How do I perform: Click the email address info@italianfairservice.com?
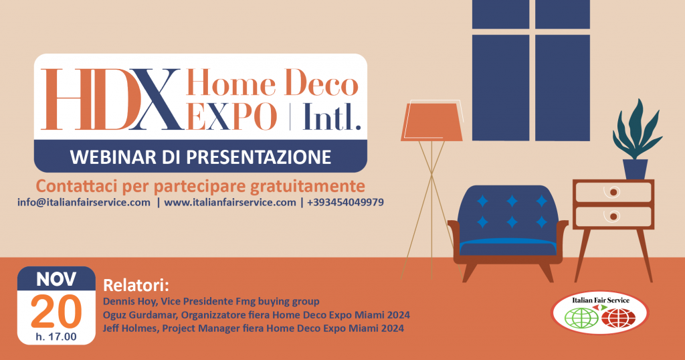click(84, 203)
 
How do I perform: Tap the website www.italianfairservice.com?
click(230, 203)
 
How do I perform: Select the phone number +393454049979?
click(345, 202)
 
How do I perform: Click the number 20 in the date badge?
click(56, 312)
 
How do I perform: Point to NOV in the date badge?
click(56, 280)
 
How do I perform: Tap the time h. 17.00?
click(56, 337)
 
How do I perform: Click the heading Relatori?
click(136, 286)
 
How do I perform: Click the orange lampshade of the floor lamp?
click(431, 122)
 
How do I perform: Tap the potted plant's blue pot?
click(635, 169)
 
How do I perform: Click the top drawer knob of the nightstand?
click(614, 192)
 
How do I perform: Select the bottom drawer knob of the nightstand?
click(614, 217)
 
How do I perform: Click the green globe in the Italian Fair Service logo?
click(581, 318)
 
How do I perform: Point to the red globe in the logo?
click(618, 318)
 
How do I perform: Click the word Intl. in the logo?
click(332, 116)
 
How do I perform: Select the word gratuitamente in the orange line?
click(307, 187)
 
